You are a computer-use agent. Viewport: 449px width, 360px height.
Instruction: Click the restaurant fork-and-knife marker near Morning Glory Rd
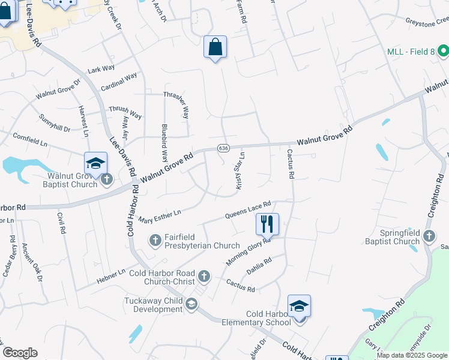[267, 224]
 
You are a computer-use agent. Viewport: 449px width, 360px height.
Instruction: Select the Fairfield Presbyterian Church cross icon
[155, 241]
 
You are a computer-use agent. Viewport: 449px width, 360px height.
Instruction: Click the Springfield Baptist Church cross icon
[429, 236]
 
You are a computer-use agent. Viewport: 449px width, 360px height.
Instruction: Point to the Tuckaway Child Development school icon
[191, 305]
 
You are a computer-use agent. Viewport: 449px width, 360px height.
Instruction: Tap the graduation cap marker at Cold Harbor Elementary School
[299, 306]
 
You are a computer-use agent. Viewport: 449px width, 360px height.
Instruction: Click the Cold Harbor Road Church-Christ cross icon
[204, 276]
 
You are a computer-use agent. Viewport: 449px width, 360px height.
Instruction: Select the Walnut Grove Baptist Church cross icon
[107, 179]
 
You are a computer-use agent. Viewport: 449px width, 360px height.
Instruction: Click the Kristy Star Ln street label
[240, 172]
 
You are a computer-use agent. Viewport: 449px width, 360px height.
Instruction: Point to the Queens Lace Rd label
[248, 209]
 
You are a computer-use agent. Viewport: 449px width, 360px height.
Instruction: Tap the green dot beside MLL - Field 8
[389, 52]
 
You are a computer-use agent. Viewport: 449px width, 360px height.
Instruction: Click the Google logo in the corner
[20, 352]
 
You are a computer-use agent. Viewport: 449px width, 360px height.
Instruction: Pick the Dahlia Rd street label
[259, 265]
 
